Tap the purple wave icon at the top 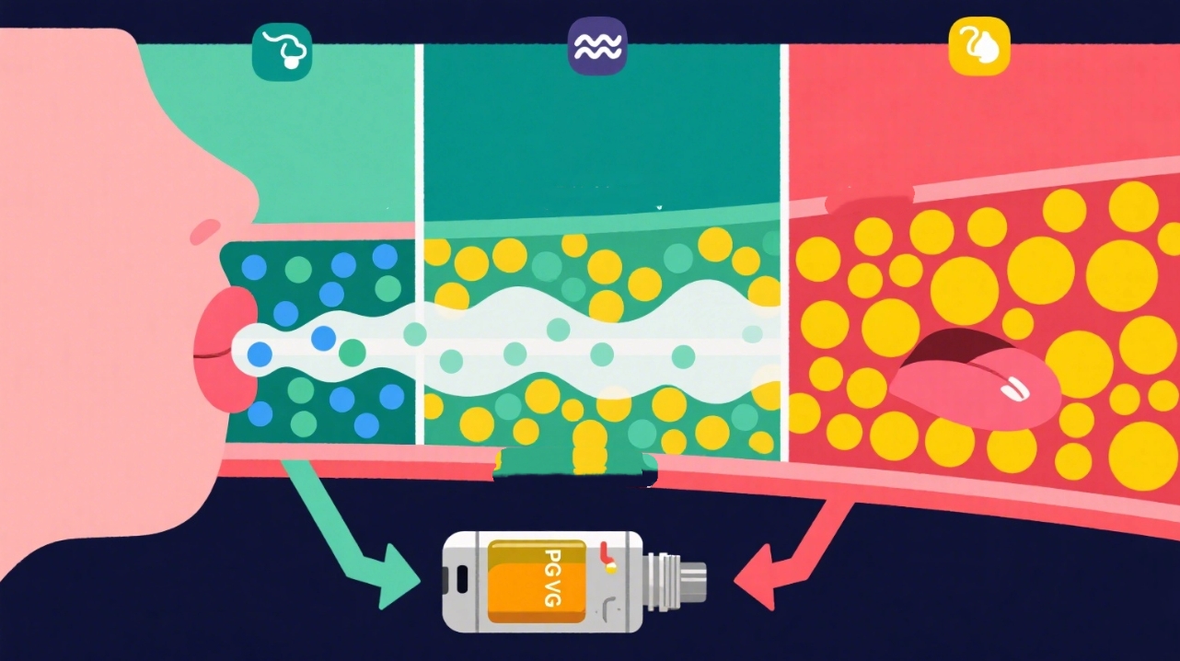coord(596,46)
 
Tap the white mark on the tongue coord(1015,389)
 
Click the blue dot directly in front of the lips coord(260,353)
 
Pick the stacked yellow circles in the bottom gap coord(589,446)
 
